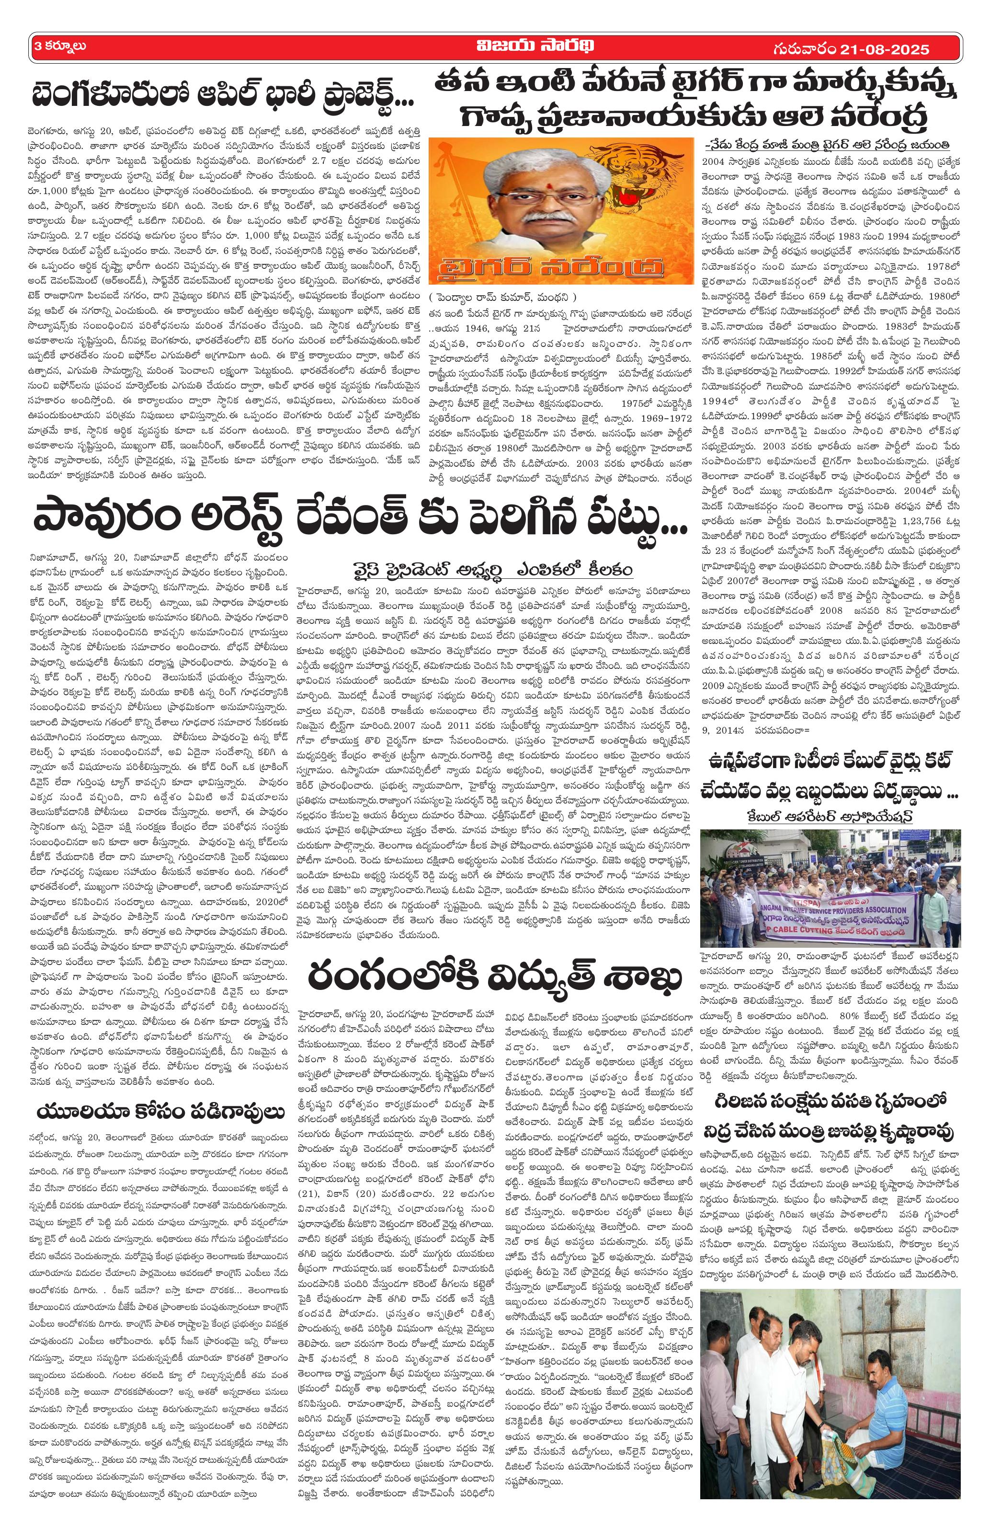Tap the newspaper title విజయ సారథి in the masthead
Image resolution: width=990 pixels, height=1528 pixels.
tap(495, 46)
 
